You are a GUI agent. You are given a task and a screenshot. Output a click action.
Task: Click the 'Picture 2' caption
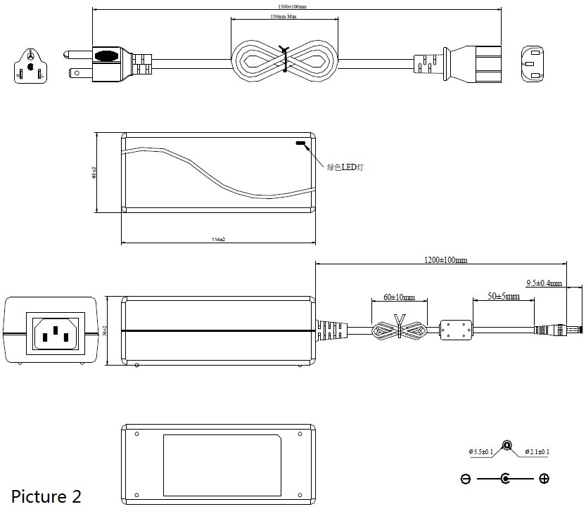pyautogui.click(x=46, y=496)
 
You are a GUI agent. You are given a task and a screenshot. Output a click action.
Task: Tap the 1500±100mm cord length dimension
pyautogui.click(x=292, y=6)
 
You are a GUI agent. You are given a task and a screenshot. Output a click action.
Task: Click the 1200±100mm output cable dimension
pyautogui.click(x=445, y=260)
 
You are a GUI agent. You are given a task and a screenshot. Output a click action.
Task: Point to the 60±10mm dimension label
pyautogui.click(x=399, y=297)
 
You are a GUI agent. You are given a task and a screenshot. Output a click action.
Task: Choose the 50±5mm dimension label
pyautogui.click(x=504, y=296)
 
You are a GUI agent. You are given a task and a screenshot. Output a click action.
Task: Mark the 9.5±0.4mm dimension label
pyautogui.click(x=544, y=283)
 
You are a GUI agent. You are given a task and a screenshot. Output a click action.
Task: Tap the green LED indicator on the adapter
pyautogui.click(x=302, y=145)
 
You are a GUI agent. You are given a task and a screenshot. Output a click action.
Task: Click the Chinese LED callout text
pyautogui.click(x=345, y=167)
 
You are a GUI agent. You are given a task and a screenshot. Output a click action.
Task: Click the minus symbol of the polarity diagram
pyautogui.click(x=466, y=479)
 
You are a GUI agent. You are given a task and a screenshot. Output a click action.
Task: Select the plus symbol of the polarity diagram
pyautogui.click(x=544, y=479)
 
